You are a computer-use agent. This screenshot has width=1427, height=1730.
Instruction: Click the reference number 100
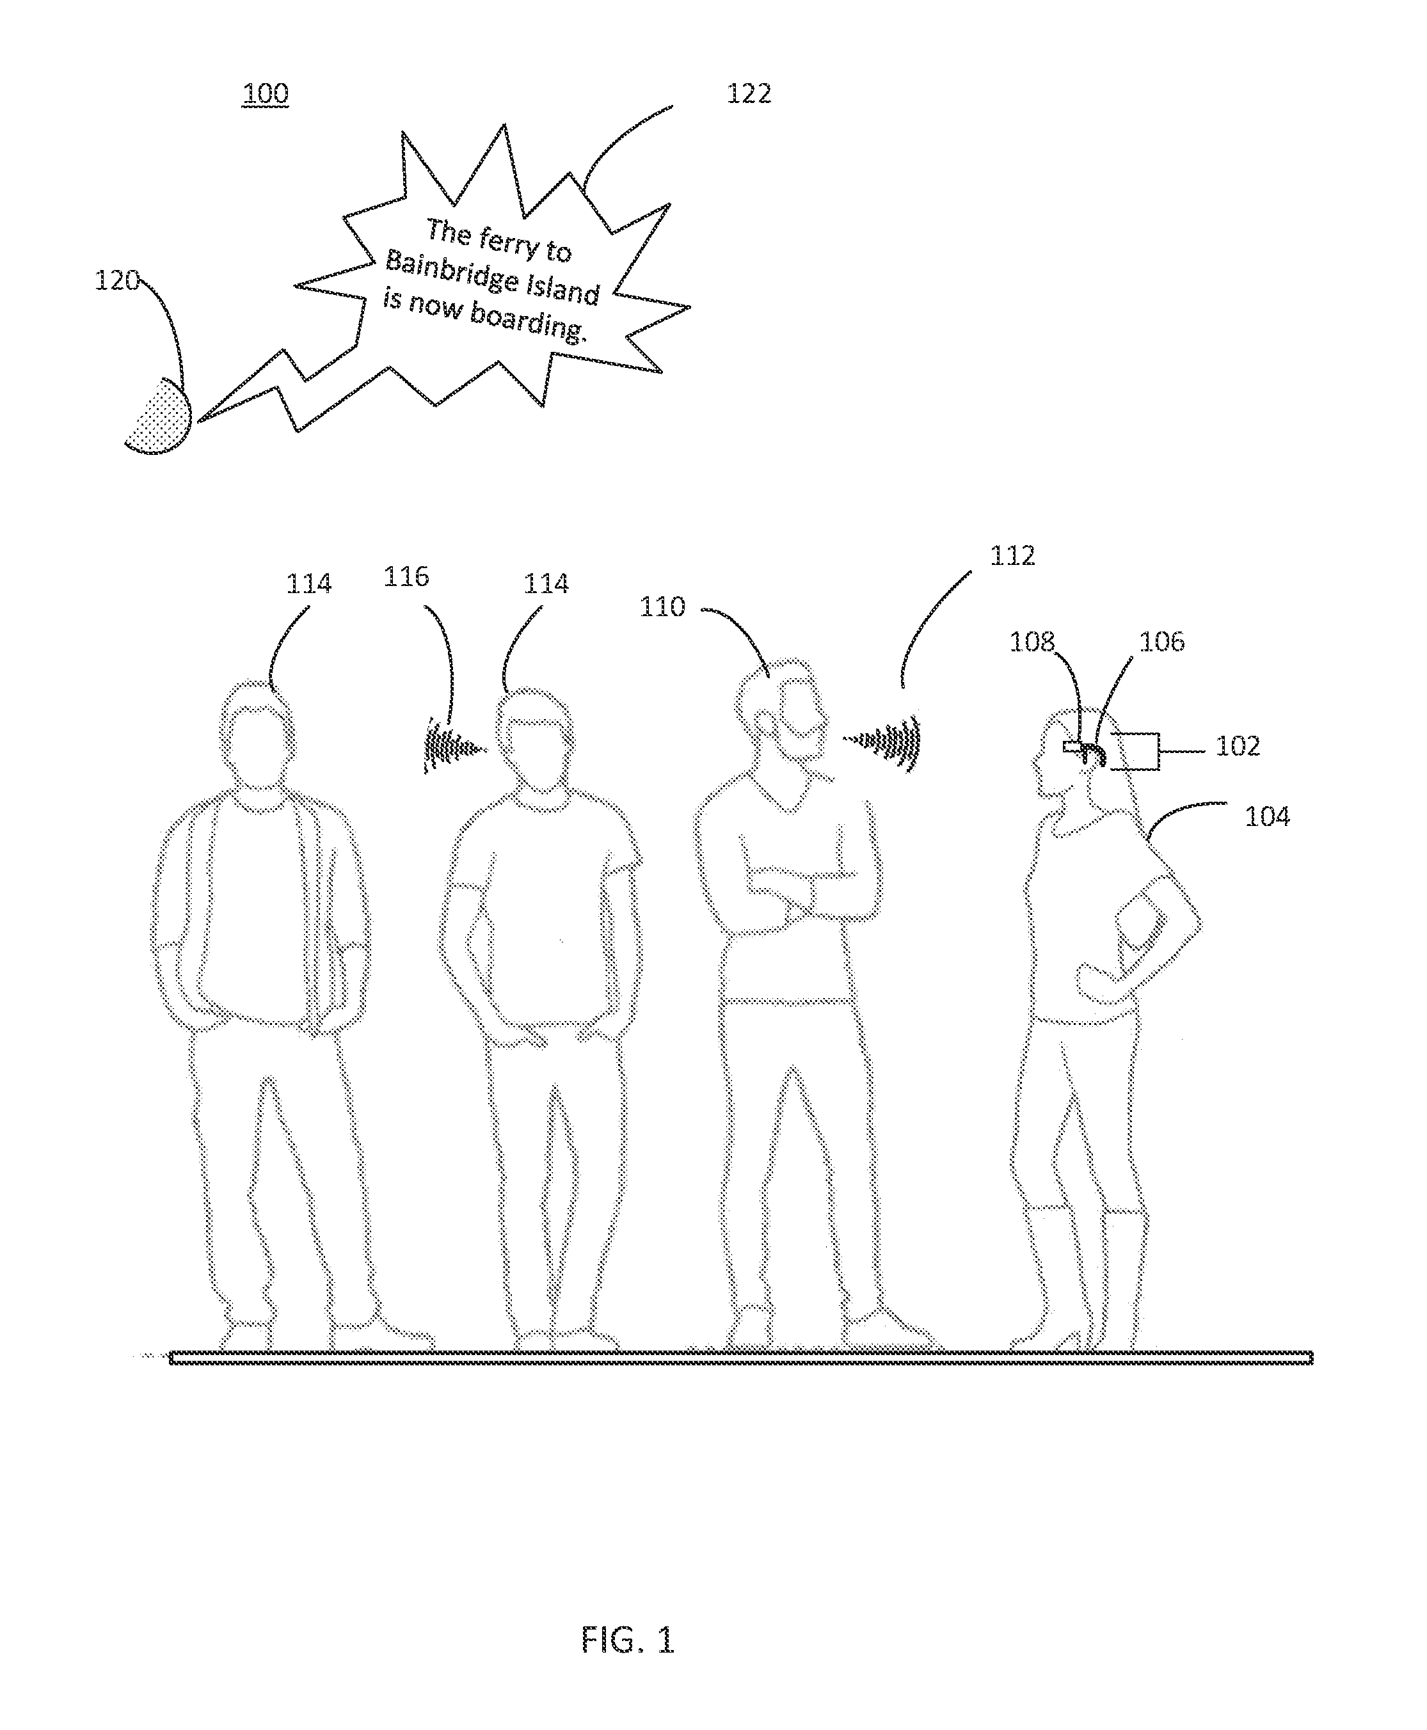click(x=265, y=93)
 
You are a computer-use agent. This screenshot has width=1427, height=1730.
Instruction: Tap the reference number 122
click(x=749, y=93)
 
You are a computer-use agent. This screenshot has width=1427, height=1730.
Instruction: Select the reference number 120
click(x=116, y=281)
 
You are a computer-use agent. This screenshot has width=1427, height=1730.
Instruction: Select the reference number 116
click(x=406, y=577)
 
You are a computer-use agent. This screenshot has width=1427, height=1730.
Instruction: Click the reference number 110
click(x=662, y=607)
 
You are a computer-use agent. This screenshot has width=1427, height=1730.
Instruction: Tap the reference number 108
click(x=1032, y=642)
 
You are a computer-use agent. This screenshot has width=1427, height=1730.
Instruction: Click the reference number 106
click(x=1161, y=642)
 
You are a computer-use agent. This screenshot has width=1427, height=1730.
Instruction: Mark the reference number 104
click(x=1268, y=816)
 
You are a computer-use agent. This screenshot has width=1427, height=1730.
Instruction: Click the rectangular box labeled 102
click(x=1135, y=751)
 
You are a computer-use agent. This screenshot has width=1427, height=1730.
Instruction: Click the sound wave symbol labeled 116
click(x=453, y=746)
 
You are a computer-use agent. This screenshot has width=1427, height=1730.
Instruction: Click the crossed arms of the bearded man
click(x=797, y=893)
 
